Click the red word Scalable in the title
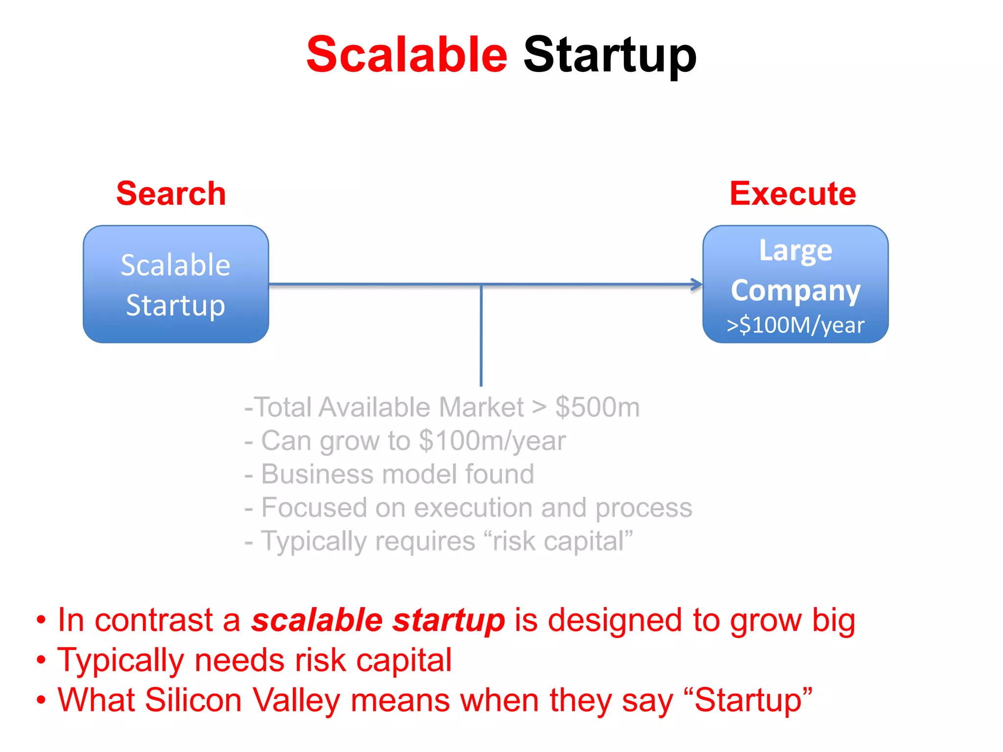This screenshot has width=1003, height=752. [x=406, y=55]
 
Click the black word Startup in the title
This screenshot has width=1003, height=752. [x=610, y=55]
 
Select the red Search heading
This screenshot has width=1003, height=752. [x=171, y=193]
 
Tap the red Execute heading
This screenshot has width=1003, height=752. [x=792, y=193]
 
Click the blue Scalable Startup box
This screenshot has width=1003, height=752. [x=176, y=284]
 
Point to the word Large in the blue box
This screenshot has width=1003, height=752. [x=795, y=251]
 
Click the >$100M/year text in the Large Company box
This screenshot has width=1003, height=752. [x=795, y=325]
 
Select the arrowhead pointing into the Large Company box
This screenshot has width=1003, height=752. [x=697, y=284]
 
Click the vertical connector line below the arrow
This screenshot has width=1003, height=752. [x=481, y=338]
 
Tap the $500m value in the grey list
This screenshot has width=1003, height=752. [x=597, y=407]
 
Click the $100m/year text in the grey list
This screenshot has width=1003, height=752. [x=492, y=441]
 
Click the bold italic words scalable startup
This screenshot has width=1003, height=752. [x=378, y=620]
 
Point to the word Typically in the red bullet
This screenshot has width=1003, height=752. [x=120, y=660]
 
